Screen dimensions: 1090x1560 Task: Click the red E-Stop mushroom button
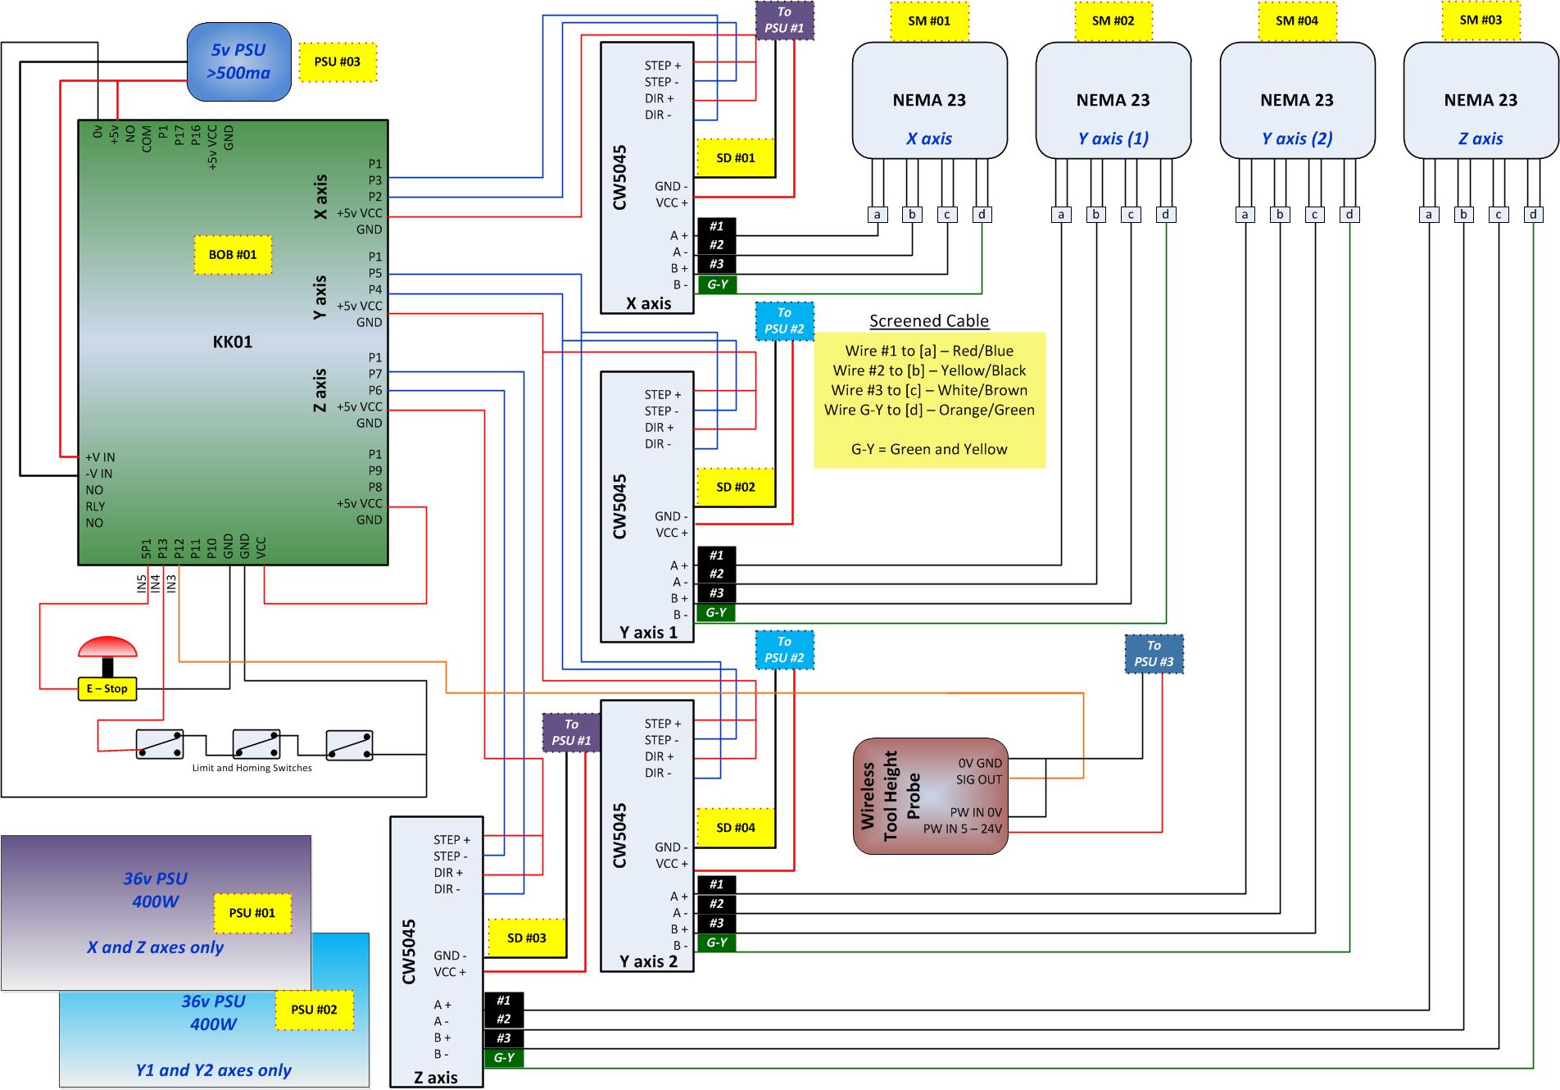107,648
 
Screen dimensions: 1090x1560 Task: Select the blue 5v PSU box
238,61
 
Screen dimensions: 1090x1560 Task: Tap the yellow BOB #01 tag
233,255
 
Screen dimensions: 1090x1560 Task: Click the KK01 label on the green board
233,342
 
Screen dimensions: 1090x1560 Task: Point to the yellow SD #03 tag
526,938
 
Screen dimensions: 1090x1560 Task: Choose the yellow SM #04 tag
1296,20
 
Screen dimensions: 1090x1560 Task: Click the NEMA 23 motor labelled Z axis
1480,100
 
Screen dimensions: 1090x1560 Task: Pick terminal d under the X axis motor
982,215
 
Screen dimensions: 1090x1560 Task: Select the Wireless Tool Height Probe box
930,796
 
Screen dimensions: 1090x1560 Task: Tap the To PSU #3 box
1154,654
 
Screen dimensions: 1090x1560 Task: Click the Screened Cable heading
929,321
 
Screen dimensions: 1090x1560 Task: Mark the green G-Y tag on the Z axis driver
503,1058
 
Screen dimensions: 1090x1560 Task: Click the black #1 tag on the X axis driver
716,227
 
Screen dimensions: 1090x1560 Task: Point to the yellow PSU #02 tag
314,1010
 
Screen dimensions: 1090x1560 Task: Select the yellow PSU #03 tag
338,61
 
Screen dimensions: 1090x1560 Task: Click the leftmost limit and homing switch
159,745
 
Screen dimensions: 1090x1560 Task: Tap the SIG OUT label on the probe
978,779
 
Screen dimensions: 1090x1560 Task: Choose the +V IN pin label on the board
100,457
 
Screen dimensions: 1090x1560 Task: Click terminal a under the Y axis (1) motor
1061,215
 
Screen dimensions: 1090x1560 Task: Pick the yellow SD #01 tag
735,157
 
